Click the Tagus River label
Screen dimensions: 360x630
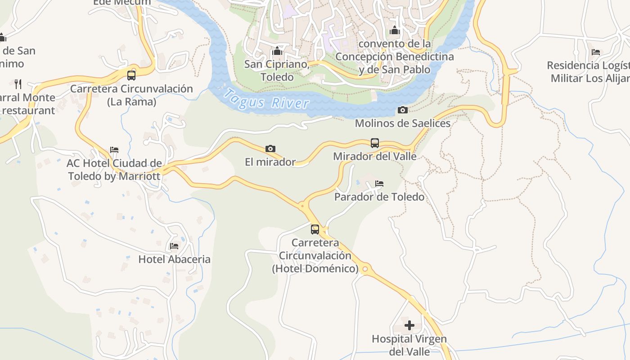click(x=267, y=99)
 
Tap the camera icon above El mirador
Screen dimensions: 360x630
click(x=270, y=148)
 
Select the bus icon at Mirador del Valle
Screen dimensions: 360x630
click(x=374, y=143)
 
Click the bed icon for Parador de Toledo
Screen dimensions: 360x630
click(x=379, y=184)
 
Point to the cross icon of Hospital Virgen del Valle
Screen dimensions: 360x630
click(x=409, y=325)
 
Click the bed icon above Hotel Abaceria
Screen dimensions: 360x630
click(x=174, y=246)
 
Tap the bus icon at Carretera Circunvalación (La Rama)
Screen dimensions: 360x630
click(x=131, y=75)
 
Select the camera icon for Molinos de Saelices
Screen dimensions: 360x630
click(x=403, y=110)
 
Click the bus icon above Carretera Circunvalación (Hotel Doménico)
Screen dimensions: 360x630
click(x=315, y=229)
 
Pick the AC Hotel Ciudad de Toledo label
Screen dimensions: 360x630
click(x=114, y=170)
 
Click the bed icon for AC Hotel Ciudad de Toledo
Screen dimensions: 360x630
click(x=114, y=150)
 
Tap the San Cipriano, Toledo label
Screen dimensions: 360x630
click(x=277, y=71)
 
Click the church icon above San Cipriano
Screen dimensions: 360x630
click(x=277, y=51)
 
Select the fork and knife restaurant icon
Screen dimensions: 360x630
click(x=18, y=84)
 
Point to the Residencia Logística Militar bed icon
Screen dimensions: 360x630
click(x=596, y=52)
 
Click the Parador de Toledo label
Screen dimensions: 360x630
click(x=379, y=197)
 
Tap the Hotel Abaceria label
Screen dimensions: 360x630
click(x=174, y=259)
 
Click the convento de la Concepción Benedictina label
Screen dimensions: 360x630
click(x=395, y=57)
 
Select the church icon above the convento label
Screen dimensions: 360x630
click(x=395, y=31)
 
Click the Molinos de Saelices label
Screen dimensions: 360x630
click(x=403, y=123)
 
